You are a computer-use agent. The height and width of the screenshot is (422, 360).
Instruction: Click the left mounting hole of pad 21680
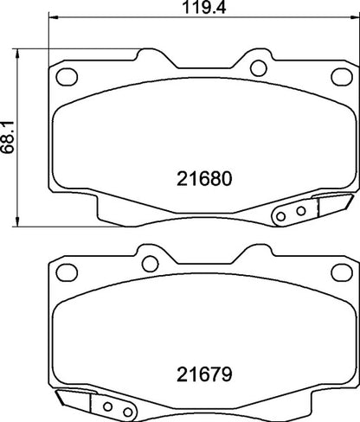tap(63, 78)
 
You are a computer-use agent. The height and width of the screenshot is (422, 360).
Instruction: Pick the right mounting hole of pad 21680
tap(255, 65)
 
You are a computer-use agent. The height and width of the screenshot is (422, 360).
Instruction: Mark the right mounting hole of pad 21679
tap(338, 275)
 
